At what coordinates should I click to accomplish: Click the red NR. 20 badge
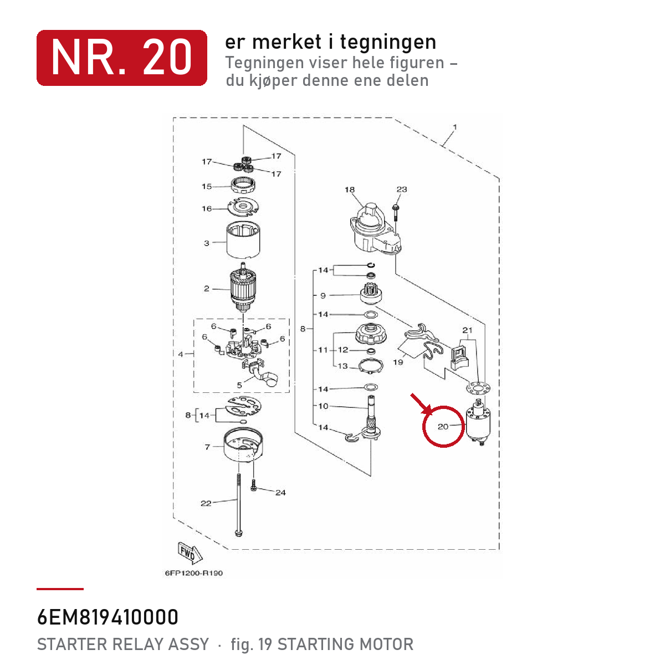(121, 58)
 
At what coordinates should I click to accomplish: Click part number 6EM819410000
(108, 617)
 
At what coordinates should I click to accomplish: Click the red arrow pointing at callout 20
(421, 403)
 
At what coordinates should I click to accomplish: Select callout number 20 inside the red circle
(443, 427)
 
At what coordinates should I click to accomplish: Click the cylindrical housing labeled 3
(243, 240)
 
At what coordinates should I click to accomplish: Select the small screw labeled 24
(254, 485)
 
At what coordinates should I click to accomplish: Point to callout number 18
(350, 190)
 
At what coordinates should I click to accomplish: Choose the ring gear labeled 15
(243, 186)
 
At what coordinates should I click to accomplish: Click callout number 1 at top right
(455, 127)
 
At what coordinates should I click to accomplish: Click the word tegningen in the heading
(388, 43)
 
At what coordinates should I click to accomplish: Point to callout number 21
(467, 330)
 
